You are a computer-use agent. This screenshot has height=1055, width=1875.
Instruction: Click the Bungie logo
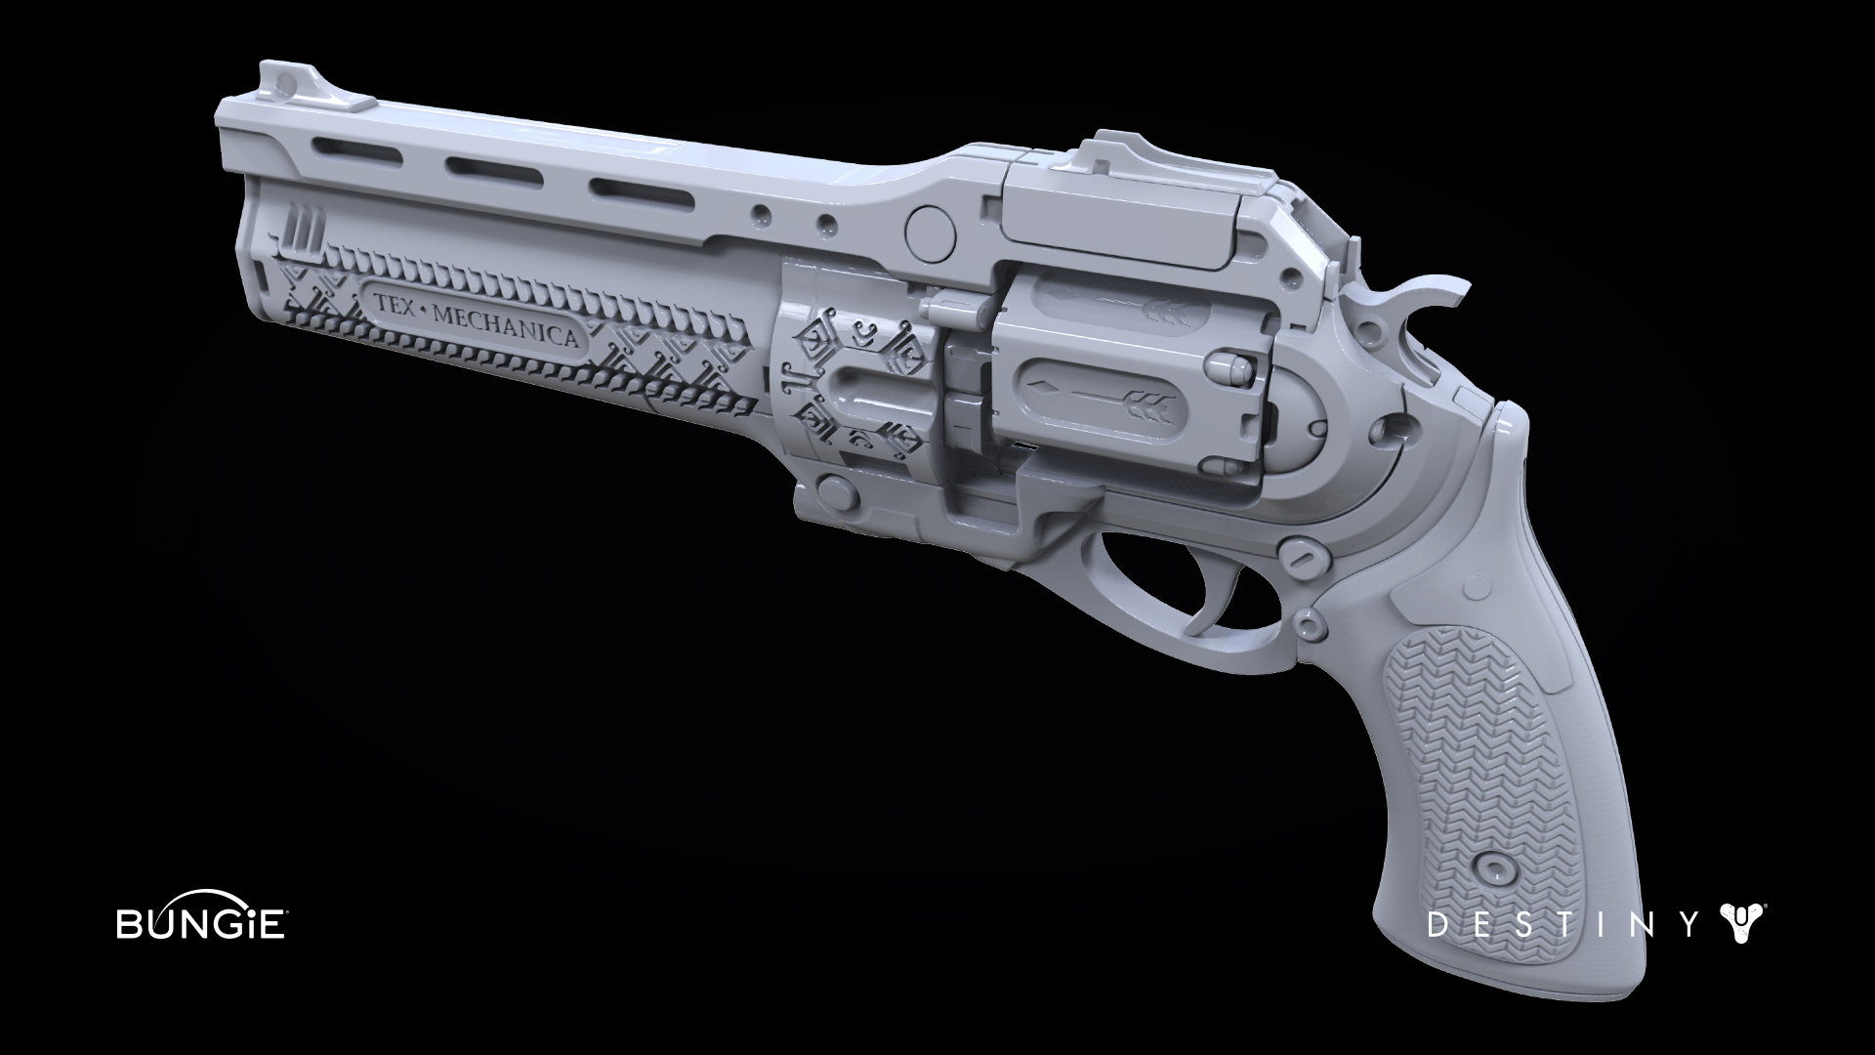click(200, 924)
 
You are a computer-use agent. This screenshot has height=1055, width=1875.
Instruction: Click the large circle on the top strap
click(931, 229)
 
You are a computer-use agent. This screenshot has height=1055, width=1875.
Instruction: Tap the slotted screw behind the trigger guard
click(1306, 555)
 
